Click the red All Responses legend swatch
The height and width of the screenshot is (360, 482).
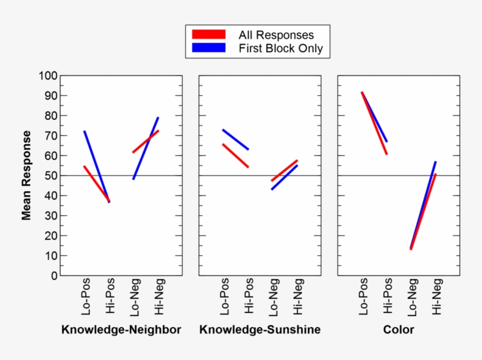209,35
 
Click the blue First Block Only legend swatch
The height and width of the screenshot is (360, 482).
209,48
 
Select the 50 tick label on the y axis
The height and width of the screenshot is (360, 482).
49,176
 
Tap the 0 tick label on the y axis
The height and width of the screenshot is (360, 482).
53,276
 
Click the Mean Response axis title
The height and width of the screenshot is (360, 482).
26,175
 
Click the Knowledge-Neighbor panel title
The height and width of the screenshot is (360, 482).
121,329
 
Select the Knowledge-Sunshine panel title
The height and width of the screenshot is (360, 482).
260,329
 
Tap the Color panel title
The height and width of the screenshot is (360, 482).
399,329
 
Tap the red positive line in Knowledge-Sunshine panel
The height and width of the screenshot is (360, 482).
235,156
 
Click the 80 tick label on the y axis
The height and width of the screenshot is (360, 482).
49,116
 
